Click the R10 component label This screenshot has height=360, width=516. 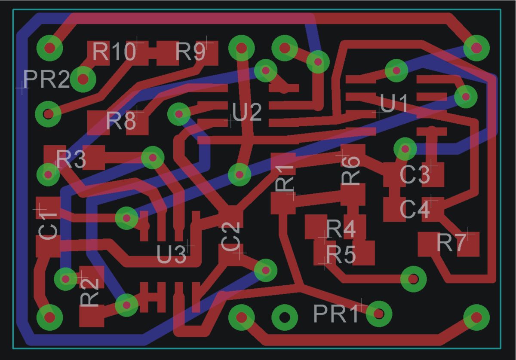click(x=114, y=52)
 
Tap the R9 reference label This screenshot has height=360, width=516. click(x=190, y=52)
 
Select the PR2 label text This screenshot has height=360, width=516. click(x=46, y=79)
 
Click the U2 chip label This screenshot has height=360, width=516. click(x=247, y=112)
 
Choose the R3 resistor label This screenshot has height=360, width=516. click(x=71, y=159)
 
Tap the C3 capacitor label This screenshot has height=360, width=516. click(x=415, y=175)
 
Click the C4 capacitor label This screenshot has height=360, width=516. click(x=415, y=209)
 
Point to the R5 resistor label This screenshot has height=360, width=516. click(x=341, y=255)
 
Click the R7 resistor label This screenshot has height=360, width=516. click(x=451, y=243)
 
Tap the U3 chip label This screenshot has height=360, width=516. click(x=171, y=255)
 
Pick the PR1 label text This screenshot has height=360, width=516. click(x=336, y=314)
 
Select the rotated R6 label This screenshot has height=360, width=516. click(x=350, y=171)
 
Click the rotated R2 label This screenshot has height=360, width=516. click(x=90, y=293)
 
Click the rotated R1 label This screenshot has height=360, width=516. click(x=285, y=178)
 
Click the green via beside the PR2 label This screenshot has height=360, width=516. click(x=83, y=79)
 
